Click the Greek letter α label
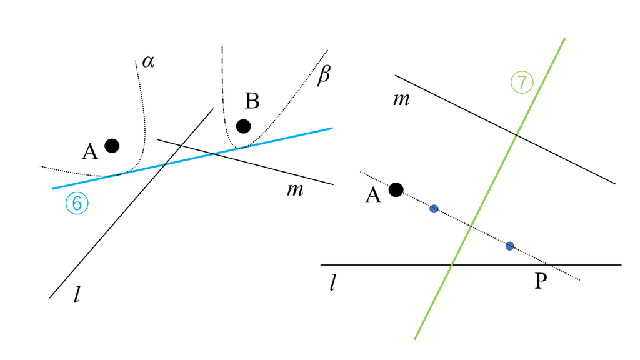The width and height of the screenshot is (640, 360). (x=148, y=62)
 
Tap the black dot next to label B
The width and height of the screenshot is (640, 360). (x=243, y=126)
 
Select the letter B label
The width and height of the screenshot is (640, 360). (x=252, y=101)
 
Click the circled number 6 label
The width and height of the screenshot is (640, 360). (x=77, y=203)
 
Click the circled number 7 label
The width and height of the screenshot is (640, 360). (x=522, y=82)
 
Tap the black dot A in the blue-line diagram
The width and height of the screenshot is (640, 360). (x=112, y=146)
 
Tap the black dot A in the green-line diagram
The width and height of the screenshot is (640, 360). (x=396, y=189)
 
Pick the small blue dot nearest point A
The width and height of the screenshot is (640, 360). (x=434, y=209)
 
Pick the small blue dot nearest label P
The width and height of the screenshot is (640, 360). (x=509, y=246)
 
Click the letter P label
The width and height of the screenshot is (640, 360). (x=541, y=281)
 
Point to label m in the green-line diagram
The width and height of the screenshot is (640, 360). (x=401, y=99)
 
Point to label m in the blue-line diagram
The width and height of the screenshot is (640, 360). (x=295, y=190)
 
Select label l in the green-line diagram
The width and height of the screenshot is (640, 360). (x=332, y=282)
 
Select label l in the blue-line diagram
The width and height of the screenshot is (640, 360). (x=77, y=294)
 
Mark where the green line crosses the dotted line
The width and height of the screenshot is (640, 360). (x=471, y=227)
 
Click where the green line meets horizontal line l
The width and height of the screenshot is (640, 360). (x=451, y=265)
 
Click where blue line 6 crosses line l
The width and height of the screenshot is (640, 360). (x=164, y=164)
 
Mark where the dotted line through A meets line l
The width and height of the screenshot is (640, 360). (x=549, y=265)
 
